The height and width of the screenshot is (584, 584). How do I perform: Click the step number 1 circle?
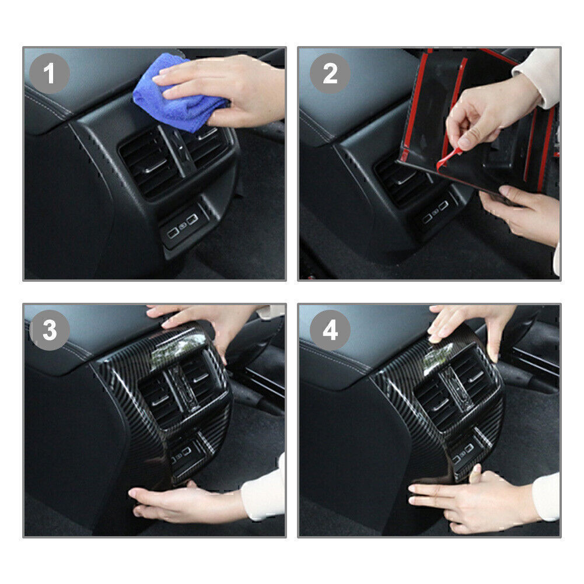coord(50,74)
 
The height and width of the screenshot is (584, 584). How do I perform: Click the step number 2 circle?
coord(330,74)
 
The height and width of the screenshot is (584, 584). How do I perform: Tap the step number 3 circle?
coord(50,330)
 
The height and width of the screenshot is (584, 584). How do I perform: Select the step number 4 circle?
coord(330,330)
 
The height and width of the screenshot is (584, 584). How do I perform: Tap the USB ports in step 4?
coord(463,453)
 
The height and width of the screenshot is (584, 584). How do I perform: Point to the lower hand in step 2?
coord(522,212)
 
